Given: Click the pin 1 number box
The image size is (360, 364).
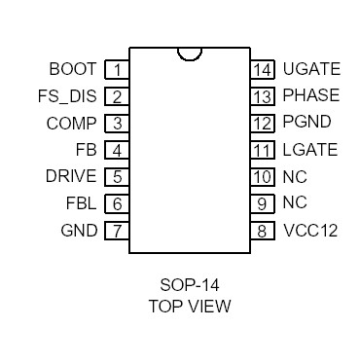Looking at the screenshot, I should [x=117, y=69].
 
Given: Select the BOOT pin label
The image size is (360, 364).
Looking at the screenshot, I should [x=72, y=69].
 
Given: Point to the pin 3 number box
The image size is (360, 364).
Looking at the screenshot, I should [x=117, y=123].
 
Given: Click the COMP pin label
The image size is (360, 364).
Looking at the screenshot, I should [x=71, y=123].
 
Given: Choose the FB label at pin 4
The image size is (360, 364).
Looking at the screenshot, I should [x=86, y=150].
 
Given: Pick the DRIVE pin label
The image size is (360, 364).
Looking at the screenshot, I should [x=70, y=176].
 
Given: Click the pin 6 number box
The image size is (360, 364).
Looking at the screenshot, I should [x=117, y=203].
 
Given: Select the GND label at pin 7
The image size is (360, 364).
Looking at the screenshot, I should [x=79, y=231].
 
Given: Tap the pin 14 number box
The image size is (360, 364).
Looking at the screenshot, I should [x=262, y=69].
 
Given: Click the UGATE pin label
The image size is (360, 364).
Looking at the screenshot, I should [x=310, y=69].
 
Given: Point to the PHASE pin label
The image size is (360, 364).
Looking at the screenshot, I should [x=310, y=96].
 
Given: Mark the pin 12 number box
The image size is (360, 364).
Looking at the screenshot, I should [x=262, y=123].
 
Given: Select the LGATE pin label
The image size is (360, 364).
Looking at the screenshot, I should [x=309, y=150].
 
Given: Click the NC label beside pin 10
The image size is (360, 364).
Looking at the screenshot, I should [x=294, y=176].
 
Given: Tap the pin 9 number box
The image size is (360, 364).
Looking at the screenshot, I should [x=262, y=203].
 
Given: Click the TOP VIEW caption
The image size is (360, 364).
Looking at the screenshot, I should [x=189, y=306].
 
